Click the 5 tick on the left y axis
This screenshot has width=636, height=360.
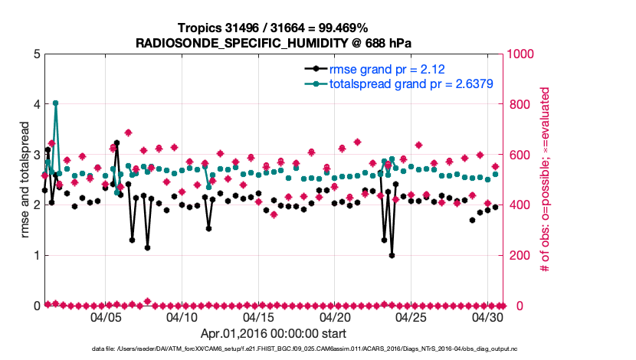(36, 54)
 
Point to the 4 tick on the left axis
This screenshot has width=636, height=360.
(36, 104)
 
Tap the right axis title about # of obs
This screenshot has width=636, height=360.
(546, 180)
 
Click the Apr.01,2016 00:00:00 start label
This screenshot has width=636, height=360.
(273, 334)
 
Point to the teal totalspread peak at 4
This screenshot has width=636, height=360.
(55, 103)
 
